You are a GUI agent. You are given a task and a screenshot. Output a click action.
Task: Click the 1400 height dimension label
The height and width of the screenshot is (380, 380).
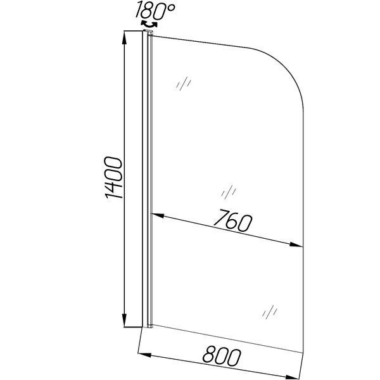(113, 177)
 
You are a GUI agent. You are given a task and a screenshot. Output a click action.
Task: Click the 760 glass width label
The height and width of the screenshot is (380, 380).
(233, 220)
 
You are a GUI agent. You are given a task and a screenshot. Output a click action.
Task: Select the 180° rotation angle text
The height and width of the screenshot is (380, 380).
(155, 10)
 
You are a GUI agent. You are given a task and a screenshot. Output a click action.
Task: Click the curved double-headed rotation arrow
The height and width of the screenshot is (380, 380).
(149, 25)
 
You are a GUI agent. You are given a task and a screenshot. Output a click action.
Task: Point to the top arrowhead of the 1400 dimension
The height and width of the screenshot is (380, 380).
(124, 38)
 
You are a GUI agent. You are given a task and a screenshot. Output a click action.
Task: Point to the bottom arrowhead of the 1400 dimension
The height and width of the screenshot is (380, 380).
(124, 320)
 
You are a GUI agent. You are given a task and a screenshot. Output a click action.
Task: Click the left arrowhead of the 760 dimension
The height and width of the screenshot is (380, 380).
(158, 215)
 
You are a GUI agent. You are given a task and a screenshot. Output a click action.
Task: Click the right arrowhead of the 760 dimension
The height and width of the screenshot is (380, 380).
(296, 244)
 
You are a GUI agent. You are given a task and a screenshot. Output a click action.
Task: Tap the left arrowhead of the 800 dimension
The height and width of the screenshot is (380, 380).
(144, 355)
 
